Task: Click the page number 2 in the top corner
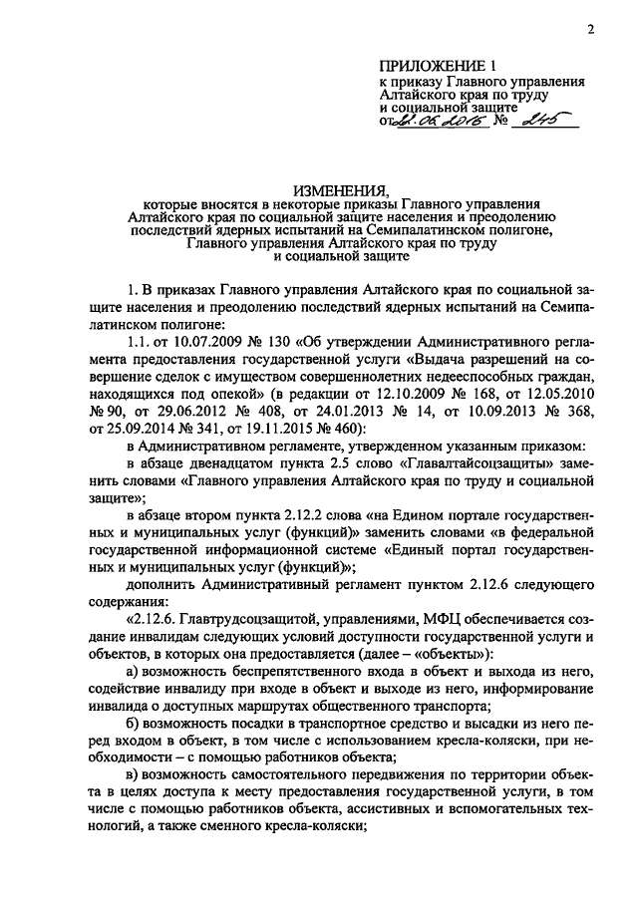pos(590,29)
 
